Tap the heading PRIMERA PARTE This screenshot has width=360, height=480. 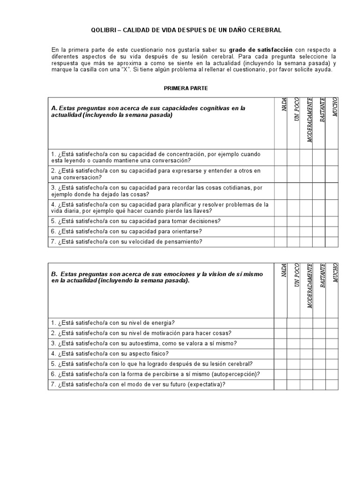pos(186,88)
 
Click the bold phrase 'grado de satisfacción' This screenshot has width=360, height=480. pos(261,49)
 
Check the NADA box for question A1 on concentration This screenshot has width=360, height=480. pos(281,157)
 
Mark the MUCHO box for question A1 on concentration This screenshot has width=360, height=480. pos(332,157)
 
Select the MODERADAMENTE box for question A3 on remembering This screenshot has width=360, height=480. pos(306,191)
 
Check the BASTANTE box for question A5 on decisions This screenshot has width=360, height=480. pos(319,221)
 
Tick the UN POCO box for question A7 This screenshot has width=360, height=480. pos(293,242)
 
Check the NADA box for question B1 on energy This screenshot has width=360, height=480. pos(280,323)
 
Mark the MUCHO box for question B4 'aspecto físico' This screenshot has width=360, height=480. pos(332,354)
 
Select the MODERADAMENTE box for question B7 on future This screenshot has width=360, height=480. pos(306,385)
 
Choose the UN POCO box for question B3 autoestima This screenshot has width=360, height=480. pos(293,344)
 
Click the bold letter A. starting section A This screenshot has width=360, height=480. pos(54,108)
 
